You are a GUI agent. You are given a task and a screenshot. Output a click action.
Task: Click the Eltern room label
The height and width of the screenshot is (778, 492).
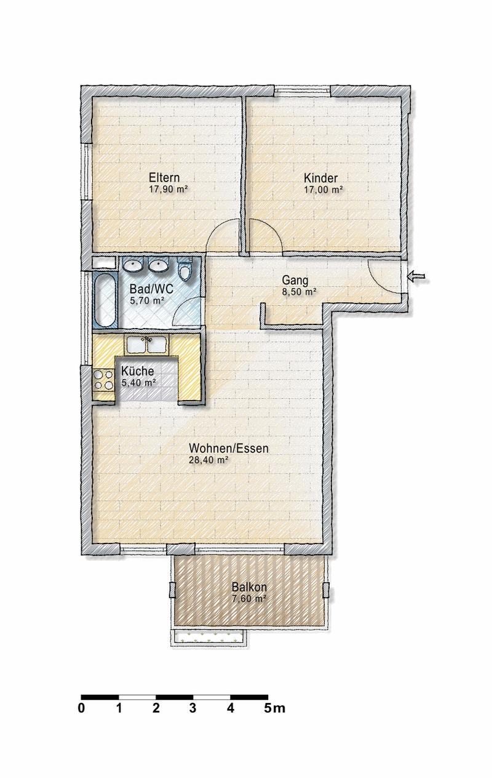coord(164,177)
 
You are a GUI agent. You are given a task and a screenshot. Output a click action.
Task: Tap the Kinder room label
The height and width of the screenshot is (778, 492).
coord(320,178)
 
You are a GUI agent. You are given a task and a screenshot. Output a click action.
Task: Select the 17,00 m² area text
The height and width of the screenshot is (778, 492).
coord(323,190)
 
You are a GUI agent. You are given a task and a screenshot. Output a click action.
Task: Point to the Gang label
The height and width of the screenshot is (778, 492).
coord(295,281)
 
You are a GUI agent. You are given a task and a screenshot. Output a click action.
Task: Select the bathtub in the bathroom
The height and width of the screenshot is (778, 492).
coord(105,300)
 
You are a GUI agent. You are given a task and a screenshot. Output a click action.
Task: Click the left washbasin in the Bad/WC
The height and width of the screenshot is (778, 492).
coord(133,266)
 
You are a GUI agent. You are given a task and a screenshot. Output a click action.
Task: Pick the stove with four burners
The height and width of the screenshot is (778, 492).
coord(103,380)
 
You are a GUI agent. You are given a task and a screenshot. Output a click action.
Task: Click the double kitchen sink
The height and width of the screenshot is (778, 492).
coord(146,345)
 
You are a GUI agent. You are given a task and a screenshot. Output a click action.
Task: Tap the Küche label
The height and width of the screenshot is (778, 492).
coord(137,371)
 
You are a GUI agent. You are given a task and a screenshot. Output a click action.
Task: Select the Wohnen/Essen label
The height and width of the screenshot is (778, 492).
coord(229,448)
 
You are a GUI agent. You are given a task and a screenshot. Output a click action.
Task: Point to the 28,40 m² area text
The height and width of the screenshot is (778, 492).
coord(208,460)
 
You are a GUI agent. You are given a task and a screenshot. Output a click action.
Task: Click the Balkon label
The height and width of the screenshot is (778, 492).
coord(249,587)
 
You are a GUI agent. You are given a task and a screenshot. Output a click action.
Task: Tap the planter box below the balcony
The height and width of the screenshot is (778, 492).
coord(208,637)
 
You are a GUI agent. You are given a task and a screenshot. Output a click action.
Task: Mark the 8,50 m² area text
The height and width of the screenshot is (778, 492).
coord(298,292)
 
